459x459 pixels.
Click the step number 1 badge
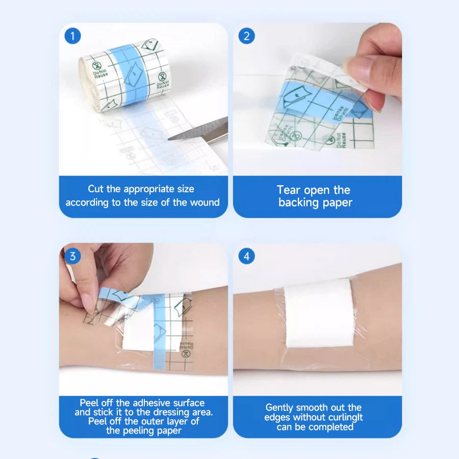click(x=73, y=36)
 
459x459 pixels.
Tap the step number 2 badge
click(x=247, y=36)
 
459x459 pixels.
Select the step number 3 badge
click(x=73, y=256)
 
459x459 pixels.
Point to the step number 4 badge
click(x=247, y=256)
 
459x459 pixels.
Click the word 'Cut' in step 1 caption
click(x=96, y=189)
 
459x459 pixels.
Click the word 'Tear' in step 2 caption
click(x=289, y=190)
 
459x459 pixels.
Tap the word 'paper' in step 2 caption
click(x=337, y=202)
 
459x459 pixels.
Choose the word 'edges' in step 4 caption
click(x=278, y=417)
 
